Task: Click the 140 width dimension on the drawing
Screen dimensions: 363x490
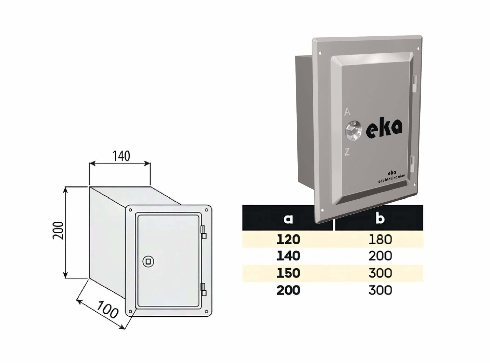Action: coord(121,156)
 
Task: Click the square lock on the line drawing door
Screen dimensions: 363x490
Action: coord(148,262)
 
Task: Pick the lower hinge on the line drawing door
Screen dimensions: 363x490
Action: coord(204,290)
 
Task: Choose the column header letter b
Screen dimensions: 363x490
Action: coord(380,218)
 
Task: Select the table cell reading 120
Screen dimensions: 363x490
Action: coord(288,240)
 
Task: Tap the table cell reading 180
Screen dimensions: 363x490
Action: coord(380,240)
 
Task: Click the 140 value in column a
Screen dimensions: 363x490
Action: coord(288,256)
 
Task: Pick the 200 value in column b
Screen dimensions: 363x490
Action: coord(380,256)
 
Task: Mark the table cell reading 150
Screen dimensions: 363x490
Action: coord(288,273)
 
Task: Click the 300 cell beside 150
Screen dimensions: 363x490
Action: coord(380,273)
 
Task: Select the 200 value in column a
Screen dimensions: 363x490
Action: coord(288,290)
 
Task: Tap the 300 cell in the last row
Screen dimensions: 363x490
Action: coord(380,290)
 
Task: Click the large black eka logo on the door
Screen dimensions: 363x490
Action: coord(384,130)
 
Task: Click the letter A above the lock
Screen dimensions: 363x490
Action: coord(347,112)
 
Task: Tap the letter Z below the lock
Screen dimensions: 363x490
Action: coord(347,152)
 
